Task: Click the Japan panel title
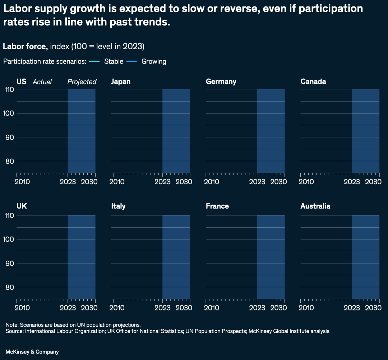pyautogui.click(x=121, y=81)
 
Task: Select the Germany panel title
pyautogui.click(x=221, y=81)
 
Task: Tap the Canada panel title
pyautogui.click(x=313, y=81)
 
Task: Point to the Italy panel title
pyautogui.click(x=118, y=206)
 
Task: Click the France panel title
pyautogui.click(x=217, y=206)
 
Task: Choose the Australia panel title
pyautogui.click(x=315, y=206)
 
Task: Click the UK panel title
pyautogui.click(x=22, y=206)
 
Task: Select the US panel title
pyautogui.click(x=21, y=81)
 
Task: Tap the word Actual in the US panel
pyautogui.click(x=42, y=82)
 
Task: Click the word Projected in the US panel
pyautogui.click(x=82, y=82)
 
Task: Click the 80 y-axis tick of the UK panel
pyautogui.click(x=10, y=287)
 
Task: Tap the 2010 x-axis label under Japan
pyautogui.click(x=117, y=182)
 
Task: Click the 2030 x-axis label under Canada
pyautogui.click(x=373, y=182)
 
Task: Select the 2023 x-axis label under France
pyautogui.click(x=257, y=308)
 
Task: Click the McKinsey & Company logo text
pyautogui.click(x=32, y=352)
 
